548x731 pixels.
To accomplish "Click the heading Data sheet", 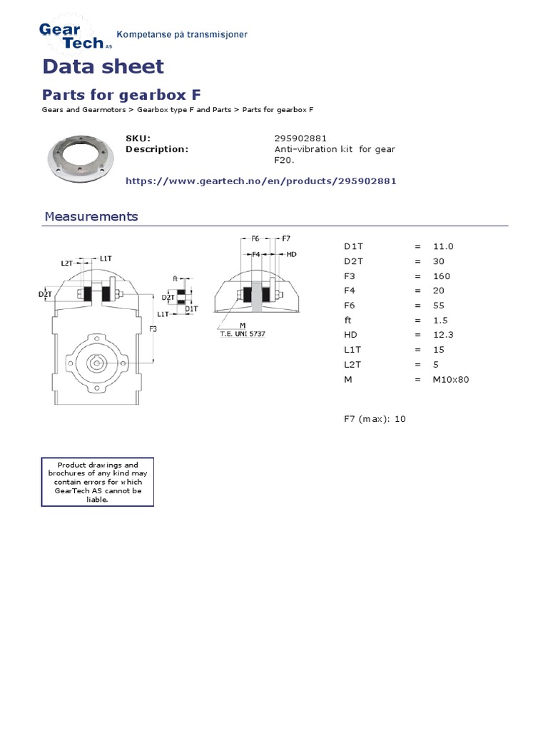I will pyautogui.click(x=103, y=66).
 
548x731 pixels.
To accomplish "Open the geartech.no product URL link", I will pyautogui.click(x=260, y=181).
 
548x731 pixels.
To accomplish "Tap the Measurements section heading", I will pyautogui.click(x=91, y=216).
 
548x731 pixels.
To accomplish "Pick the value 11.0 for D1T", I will pyautogui.click(x=442, y=246).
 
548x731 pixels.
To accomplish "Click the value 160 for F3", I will pyautogui.click(x=441, y=276).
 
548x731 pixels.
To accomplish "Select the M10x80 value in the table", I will pyautogui.click(x=450, y=379).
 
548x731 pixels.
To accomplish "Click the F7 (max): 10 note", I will pyautogui.click(x=374, y=419).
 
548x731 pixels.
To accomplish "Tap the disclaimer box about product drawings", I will pyautogui.click(x=97, y=483).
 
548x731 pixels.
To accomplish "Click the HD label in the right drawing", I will pyautogui.click(x=291, y=253).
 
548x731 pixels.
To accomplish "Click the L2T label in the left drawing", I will pyautogui.click(x=67, y=263).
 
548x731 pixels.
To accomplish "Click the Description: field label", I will pyautogui.click(x=156, y=149).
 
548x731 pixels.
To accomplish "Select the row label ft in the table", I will pyautogui.click(x=347, y=321).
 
